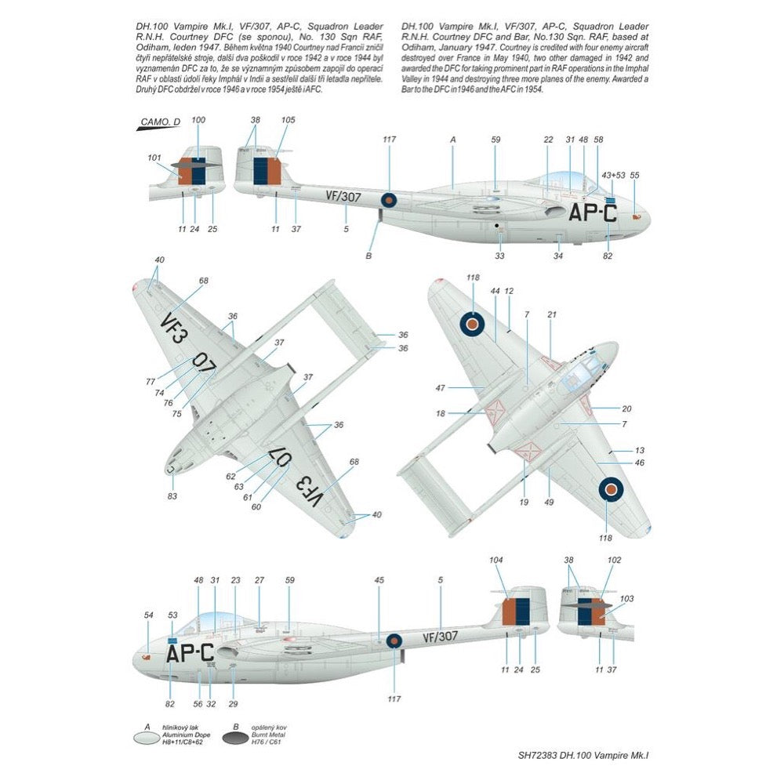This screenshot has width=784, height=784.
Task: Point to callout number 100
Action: pos(198,120)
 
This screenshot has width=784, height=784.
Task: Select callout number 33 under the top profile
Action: pos(499,256)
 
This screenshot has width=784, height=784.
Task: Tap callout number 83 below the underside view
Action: pos(172,495)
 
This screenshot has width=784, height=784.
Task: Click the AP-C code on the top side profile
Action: pos(593,212)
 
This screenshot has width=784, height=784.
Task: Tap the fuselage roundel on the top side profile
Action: pos(389,200)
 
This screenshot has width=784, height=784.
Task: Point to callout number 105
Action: pos(288,120)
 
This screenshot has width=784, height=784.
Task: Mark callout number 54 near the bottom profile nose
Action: pos(148,615)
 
